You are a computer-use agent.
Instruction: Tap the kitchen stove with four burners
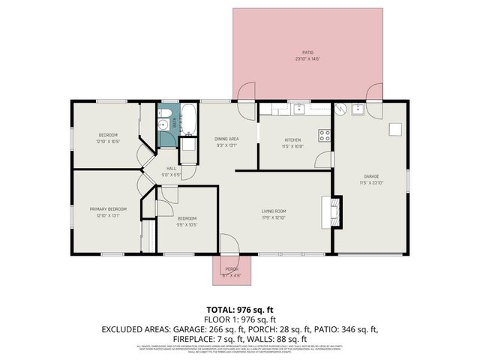pos(325,136)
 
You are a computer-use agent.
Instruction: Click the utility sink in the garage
pos(358,109)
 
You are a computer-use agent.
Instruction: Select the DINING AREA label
pos(226,139)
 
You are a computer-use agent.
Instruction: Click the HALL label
pos(171,168)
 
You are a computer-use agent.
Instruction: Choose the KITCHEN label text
pos(292,140)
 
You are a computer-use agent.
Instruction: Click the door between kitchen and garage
pos(328,160)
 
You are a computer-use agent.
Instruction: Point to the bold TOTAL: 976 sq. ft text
pos(240,308)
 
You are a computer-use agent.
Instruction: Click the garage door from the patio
pos(373,94)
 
